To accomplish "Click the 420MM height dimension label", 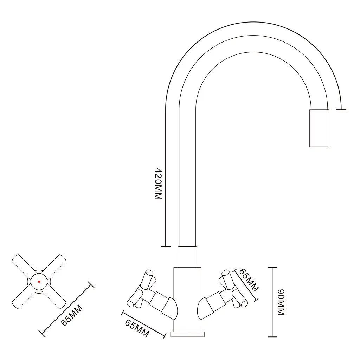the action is pyautogui.click(x=159, y=184).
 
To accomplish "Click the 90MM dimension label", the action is pyautogui.click(x=281, y=302).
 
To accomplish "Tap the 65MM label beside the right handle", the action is pyautogui.click(x=249, y=280).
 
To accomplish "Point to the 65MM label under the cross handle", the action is pyautogui.click(x=72, y=315).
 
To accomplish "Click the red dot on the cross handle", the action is pyautogui.click(x=39, y=282).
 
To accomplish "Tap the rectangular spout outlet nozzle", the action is pyautogui.click(x=319, y=128).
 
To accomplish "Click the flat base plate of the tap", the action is pyautogui.click(x=187, y=334).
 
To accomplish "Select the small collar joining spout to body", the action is pyautogui.click(x=187, y=257).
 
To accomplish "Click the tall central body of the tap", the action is pyautogui.click(x=187, y=300).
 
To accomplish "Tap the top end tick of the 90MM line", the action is pyautogui.click(x=272, y=268).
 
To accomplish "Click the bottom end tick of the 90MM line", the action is pyautogui.click(x=272, y=337).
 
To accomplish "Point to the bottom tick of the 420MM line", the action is pyautogui.click(x=166, y=246).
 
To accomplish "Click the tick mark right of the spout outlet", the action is pyautogui.click(x=341, y=110).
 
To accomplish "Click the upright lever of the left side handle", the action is pyautogui.click(x=147, y=279).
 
